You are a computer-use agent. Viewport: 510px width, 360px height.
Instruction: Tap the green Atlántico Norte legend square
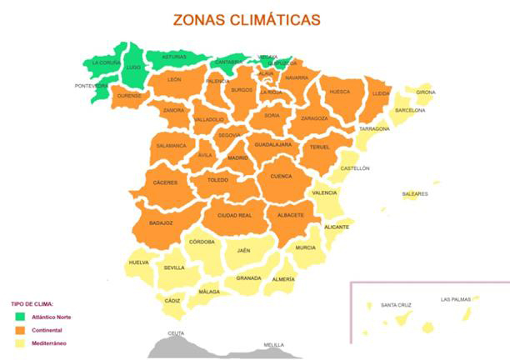tap(20, 317)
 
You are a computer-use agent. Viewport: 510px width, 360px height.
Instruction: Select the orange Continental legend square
tap(20, 330)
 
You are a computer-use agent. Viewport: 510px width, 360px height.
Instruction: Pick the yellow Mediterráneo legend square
tap(20, 343)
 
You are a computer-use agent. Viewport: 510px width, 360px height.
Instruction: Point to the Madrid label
tap(237, 157)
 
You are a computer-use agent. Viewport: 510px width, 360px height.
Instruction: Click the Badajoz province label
tap(161, 222)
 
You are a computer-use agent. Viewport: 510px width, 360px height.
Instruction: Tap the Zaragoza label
tap(314, 118)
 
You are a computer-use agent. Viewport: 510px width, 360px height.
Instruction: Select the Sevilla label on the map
tap(174, 267)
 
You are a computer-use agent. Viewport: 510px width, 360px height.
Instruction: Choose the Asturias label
tap(173, 57)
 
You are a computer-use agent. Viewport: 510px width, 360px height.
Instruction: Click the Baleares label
tap(415, 194)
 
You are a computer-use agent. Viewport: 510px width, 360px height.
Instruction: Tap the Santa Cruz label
tap(395, 305)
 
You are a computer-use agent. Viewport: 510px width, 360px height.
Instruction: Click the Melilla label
tap(272, 344)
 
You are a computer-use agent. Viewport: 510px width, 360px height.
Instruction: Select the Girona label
tap(425, 92)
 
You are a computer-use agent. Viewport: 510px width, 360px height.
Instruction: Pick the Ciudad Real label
tap(234, 215)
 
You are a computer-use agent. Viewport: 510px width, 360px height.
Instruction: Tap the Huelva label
tap(138, 262)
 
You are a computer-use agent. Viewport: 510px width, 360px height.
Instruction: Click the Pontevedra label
tap(91, 86)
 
